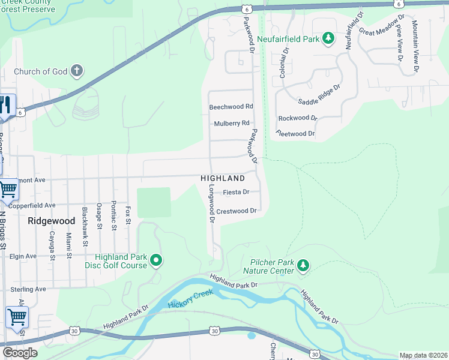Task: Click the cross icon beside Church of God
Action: click(76, 71)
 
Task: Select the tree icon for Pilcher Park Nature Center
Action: click(303, 265)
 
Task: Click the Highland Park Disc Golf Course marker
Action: click(156, 260)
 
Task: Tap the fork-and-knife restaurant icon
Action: click(5, 106)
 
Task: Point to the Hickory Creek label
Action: click(190, 304)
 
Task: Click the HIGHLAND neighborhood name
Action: click(223, 178)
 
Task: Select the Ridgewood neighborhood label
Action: click(51, 221)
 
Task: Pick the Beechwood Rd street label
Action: click(231, 107)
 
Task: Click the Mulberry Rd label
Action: click(232, 124)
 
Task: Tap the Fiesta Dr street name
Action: click(236, 193)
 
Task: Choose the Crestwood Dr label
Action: click(237, 211)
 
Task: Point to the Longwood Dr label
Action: click(211, 203)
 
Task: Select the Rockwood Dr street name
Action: click(297, 118)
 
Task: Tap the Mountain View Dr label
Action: click(415, 47)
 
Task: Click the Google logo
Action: click(20, 353)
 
